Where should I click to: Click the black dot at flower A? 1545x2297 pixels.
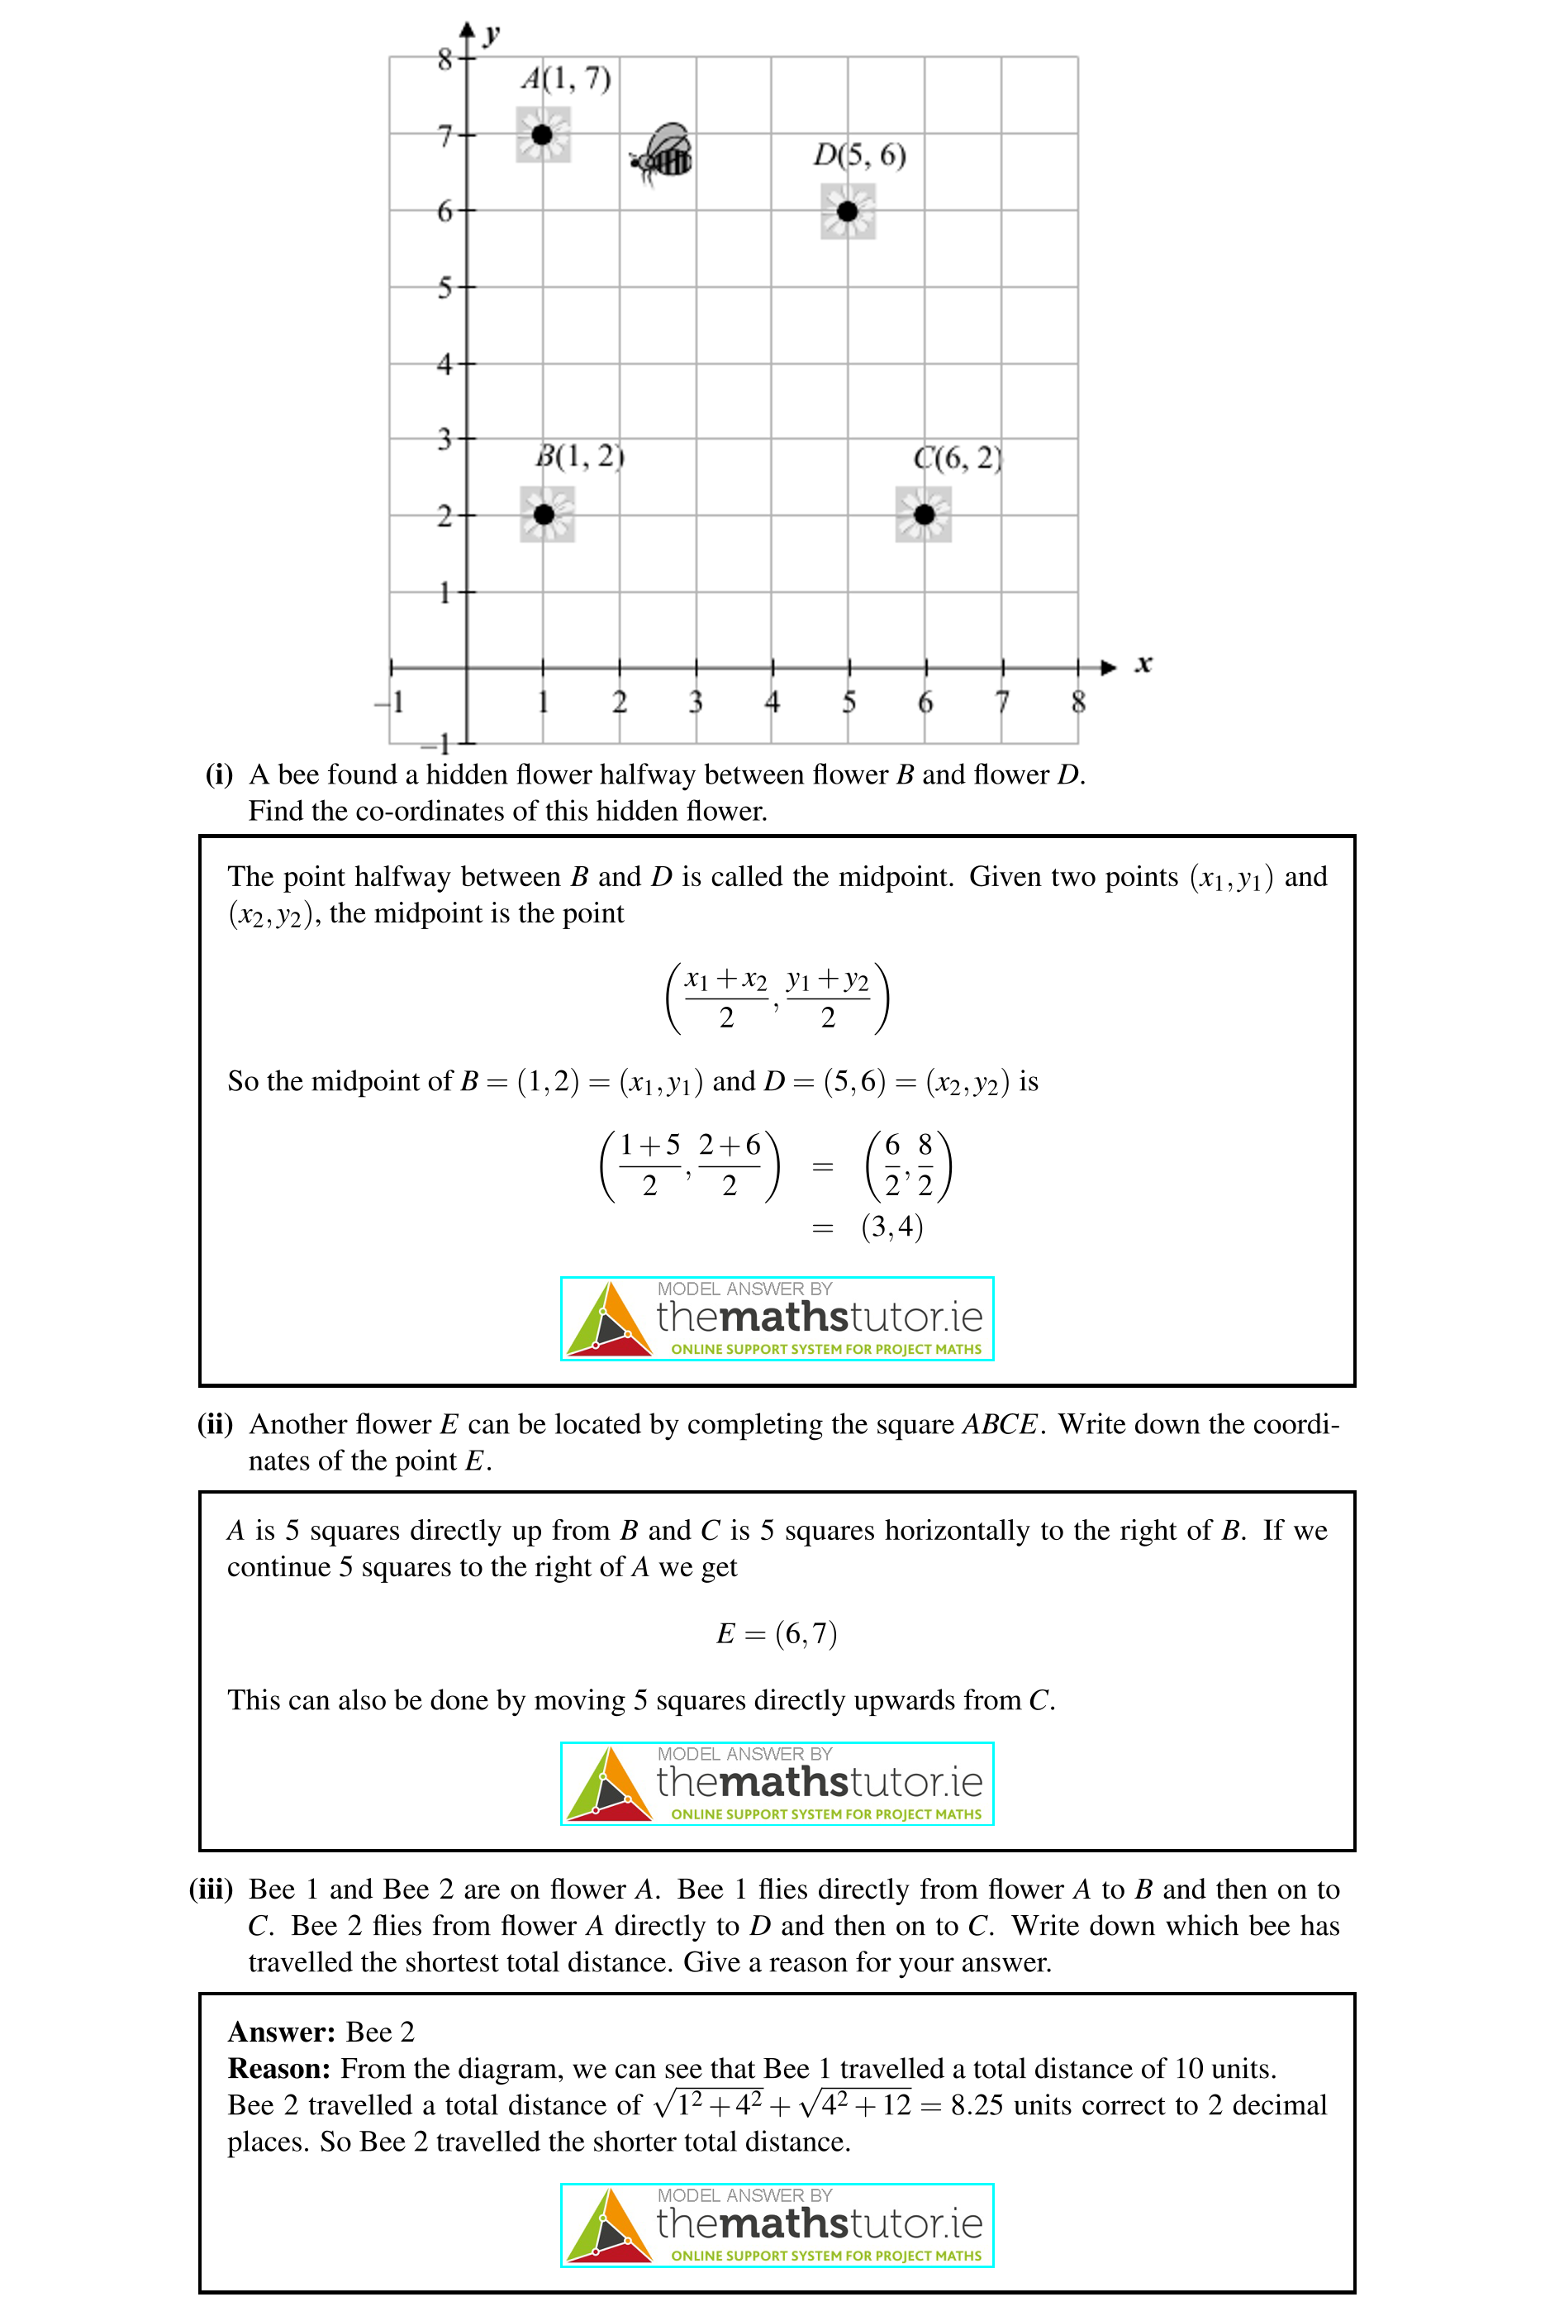click(x=542, y=134)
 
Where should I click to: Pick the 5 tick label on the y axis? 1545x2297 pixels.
click(x=445, y=288)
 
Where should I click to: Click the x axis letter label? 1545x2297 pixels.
click(x=1143, y=665)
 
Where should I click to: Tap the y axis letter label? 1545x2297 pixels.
click(x=492, y=36)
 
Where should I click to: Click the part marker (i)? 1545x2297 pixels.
click(x=219, y=774)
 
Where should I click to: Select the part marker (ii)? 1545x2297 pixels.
click(x=215, y=1423)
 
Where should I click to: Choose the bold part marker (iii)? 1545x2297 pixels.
click(x=210, y=1889)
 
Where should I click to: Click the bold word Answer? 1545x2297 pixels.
click(x=282, y=2032)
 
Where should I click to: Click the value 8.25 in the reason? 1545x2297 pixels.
click(x=977, y=2104)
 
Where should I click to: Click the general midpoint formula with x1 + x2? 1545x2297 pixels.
click(x=777, y=998)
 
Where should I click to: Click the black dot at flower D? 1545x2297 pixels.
click(x=848, y=211)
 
